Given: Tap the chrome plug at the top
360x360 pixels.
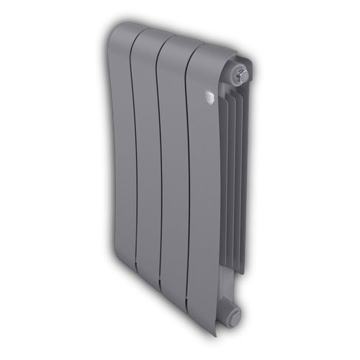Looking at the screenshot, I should pyautogui.click(x=243, y=74).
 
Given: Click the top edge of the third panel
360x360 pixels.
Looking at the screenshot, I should pyautogui.click(x=176, y=37).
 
